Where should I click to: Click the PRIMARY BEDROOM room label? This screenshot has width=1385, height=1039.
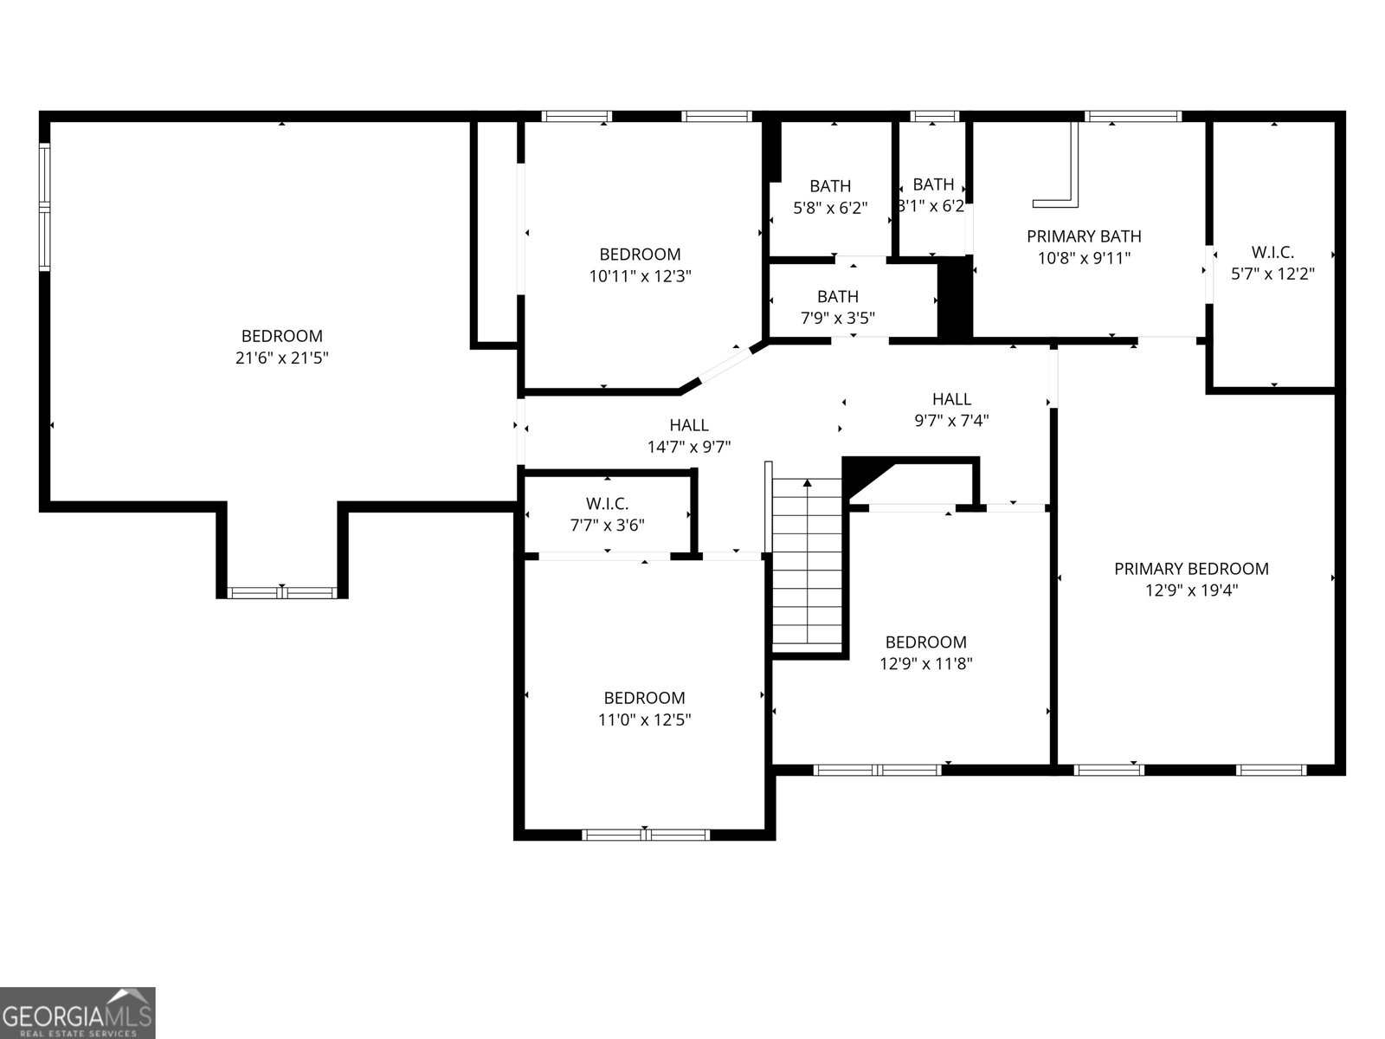coord(1191,568)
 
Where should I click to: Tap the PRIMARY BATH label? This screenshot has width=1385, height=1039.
coord(1084,236)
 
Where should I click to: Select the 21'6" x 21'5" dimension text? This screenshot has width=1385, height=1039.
coord(282,358)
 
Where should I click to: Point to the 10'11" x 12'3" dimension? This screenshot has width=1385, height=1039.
coord(641,276)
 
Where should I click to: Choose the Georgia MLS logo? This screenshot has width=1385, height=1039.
coord(77,1012)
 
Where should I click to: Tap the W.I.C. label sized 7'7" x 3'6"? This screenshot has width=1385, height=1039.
coord(607,503)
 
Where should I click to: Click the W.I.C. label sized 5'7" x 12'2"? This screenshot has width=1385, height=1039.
coord(1272,252)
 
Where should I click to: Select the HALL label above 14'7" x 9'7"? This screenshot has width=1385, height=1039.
coord(689,425)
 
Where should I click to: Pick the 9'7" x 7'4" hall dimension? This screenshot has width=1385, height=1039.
coord(951,420)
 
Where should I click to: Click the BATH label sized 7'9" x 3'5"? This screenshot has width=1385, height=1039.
coord(838,296)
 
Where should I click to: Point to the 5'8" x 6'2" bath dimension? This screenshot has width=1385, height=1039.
coord(830,208)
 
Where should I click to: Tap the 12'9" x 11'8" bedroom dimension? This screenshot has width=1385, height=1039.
coord(926,663)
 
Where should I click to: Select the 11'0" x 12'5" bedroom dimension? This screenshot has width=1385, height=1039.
coord(645,720)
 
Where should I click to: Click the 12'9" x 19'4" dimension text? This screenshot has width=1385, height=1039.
coord(1192,590)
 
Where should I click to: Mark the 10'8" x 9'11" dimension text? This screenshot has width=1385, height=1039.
coord(1084,258)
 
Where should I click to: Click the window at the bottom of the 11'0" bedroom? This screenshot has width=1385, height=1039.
coord(646,836)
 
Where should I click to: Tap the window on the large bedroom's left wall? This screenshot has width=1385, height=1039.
coord(44,207)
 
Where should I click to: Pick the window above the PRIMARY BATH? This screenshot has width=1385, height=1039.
coord(1133,116)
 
